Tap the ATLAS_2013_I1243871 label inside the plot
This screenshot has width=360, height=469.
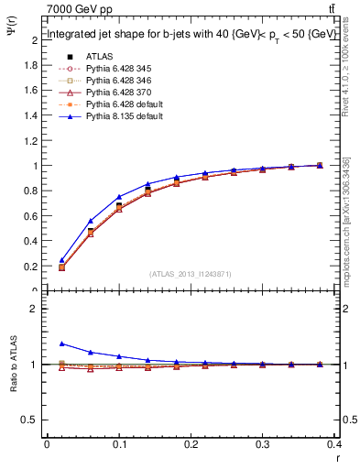190,275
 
